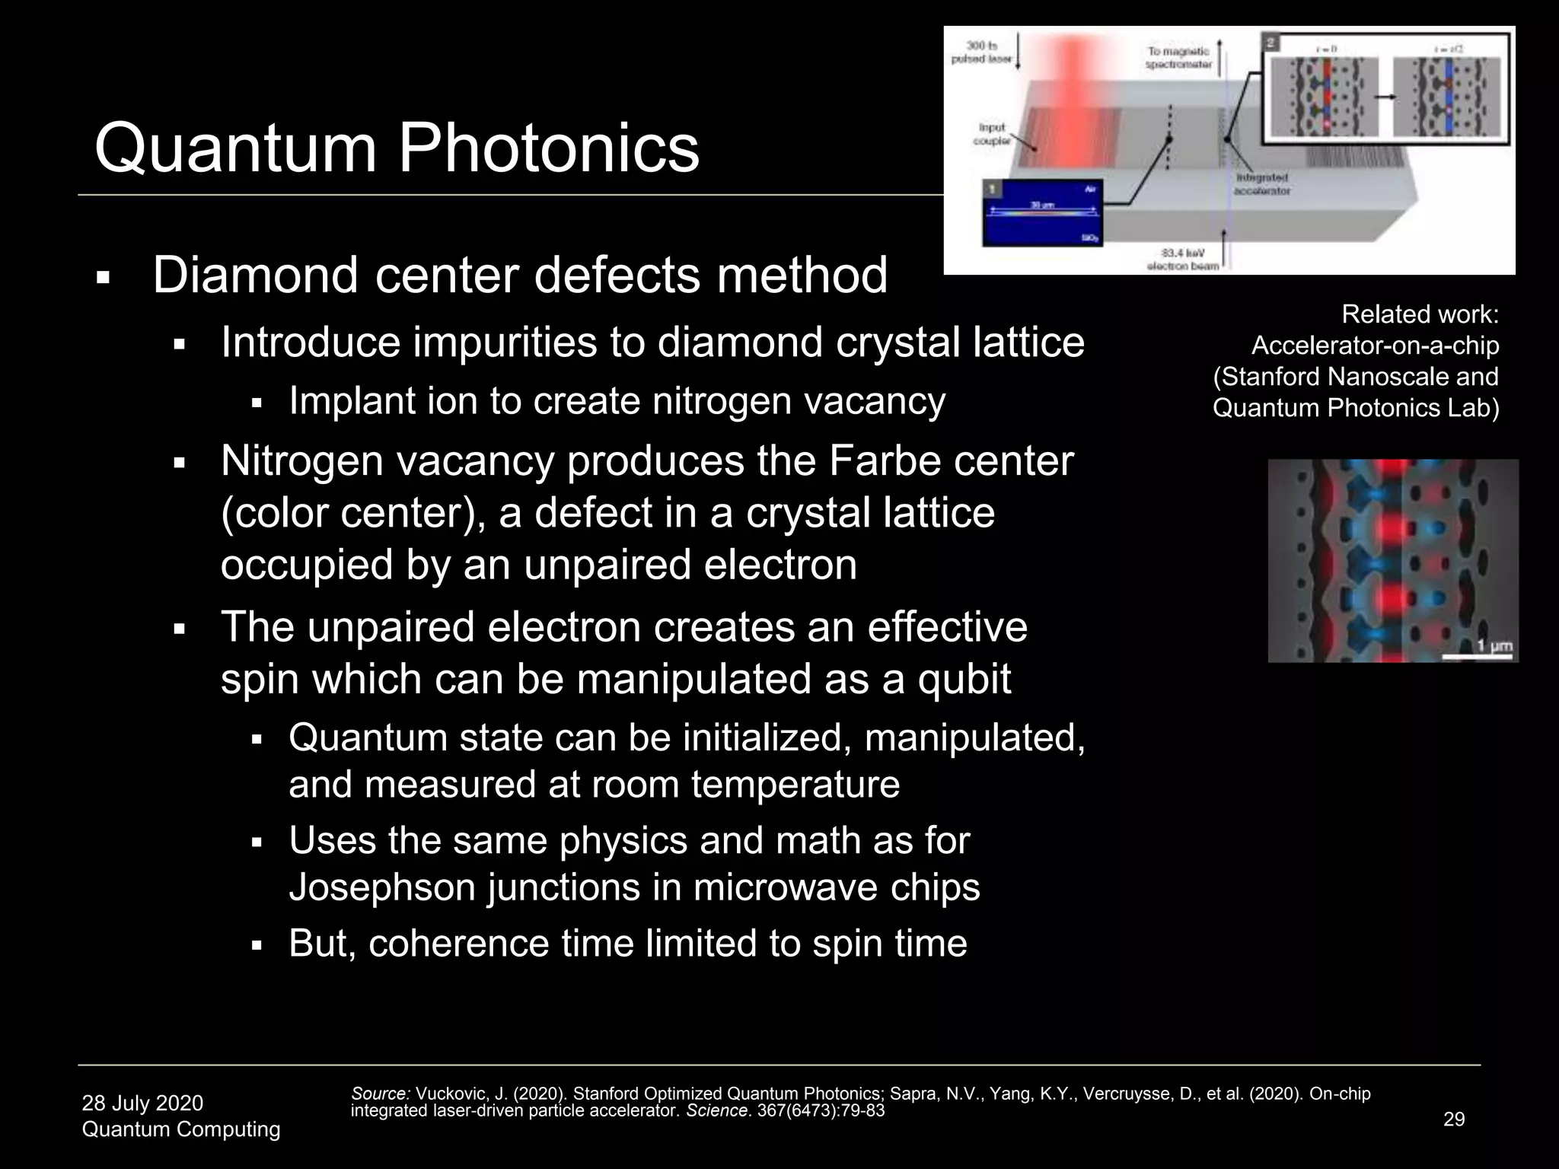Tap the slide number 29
[1454, 1119]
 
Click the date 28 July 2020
[142, 1103]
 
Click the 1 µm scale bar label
[1494, 646]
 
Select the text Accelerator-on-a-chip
[1375, 346]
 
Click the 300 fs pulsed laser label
[981, 53]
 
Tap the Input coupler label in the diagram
[992, 134]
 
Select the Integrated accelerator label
[1261, 184]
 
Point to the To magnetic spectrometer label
[1178, 58]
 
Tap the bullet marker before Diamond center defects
[104, 278]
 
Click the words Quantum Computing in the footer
[181, 1129]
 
